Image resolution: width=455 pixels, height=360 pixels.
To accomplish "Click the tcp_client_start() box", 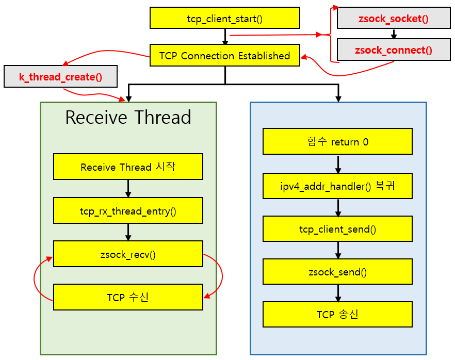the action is coord(225,18).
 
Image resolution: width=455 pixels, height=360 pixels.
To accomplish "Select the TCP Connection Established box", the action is coord(225,55).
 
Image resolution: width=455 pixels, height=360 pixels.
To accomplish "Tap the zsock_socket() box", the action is coord(394,18).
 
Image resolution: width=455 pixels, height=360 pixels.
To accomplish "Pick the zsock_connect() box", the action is coord(394,50).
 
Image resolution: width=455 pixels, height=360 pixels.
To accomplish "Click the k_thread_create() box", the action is coord(61,76).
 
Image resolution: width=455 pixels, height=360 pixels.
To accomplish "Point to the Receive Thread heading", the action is coord(128,117).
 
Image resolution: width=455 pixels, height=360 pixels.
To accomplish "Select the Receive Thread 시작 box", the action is coord(128,167).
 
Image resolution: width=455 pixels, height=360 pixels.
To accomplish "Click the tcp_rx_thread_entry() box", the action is coord(128,210).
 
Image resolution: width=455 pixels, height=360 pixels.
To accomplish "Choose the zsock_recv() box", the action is coord(128,254).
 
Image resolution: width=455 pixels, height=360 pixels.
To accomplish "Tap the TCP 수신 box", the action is coord(128,297).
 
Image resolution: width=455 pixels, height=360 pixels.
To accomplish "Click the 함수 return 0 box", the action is coord(337,141).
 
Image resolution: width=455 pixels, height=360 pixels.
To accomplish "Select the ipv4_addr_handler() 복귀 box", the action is coord(337,186).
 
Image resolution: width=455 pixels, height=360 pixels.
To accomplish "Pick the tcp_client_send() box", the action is coord(337,229).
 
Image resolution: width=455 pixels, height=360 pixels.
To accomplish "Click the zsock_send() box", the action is coord(337,272).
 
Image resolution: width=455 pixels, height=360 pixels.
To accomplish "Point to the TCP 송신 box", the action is coord(337,315).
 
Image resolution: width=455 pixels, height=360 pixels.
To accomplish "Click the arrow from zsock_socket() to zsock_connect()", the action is coord(394,34).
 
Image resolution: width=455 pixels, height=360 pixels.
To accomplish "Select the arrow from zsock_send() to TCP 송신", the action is coord(338,293).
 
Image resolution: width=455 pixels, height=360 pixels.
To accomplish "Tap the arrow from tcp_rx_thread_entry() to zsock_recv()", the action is coord(128,232).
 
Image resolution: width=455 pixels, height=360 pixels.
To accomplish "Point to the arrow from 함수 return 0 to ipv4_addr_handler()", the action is coord(338,164).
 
